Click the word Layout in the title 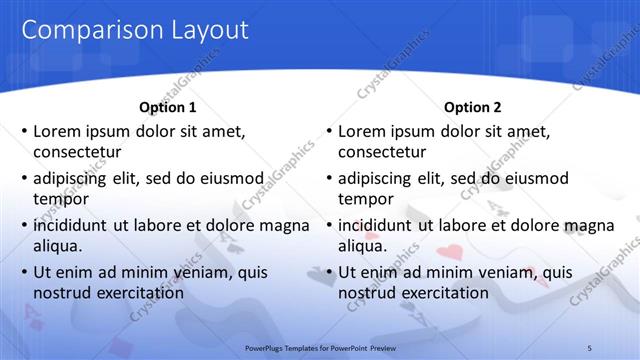click(x=204, y=31)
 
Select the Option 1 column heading click(x=168, y=107)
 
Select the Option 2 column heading click(x=473, y=107)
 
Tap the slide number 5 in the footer click(x=589, y=347)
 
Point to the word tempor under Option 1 click(x=59, y=199)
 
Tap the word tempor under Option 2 click(x=364, y=199)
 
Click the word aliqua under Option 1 click(x=57, y=246)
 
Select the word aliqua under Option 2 click(x=362, y=246)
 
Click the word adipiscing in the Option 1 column click(x=72, y=179)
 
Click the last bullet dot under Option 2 click(x=329, y=272)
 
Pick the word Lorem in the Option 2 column click(x=361, y=131)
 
